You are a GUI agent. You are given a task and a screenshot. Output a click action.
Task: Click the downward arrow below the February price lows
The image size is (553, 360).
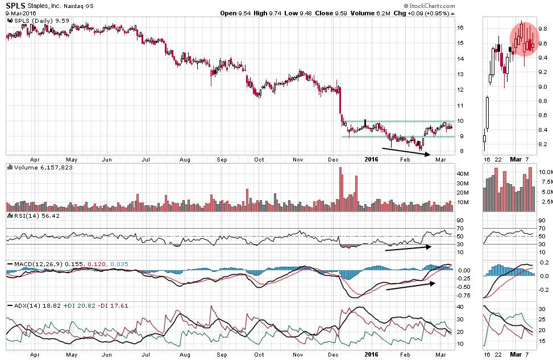(407, 151)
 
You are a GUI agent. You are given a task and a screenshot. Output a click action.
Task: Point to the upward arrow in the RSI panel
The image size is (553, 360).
(409, 247)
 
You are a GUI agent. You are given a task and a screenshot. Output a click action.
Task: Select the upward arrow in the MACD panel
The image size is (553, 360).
(409, 284)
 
